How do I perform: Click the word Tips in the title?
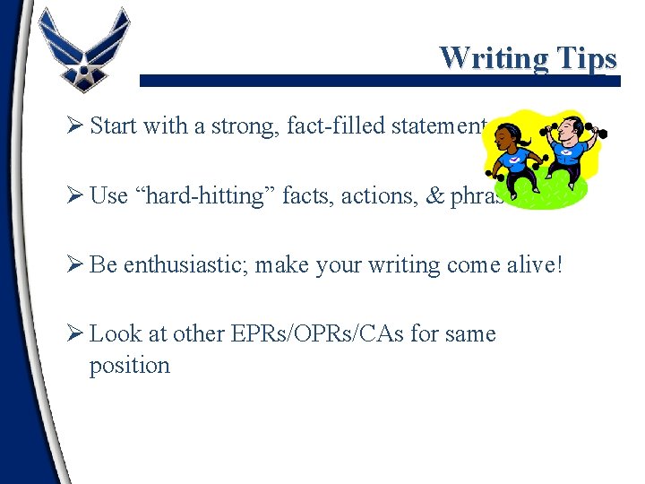[x=585, y=59]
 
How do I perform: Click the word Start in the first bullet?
[x=113, y=125]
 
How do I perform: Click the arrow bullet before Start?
[x=75, y=125]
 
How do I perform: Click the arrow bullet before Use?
[x=75, y=195]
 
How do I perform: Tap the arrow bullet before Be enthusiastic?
[x=75, y=265]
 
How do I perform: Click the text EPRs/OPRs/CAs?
[x=330, y=334]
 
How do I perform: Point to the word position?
[x=129, y=366]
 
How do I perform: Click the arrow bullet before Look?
[x=75, y=334]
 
